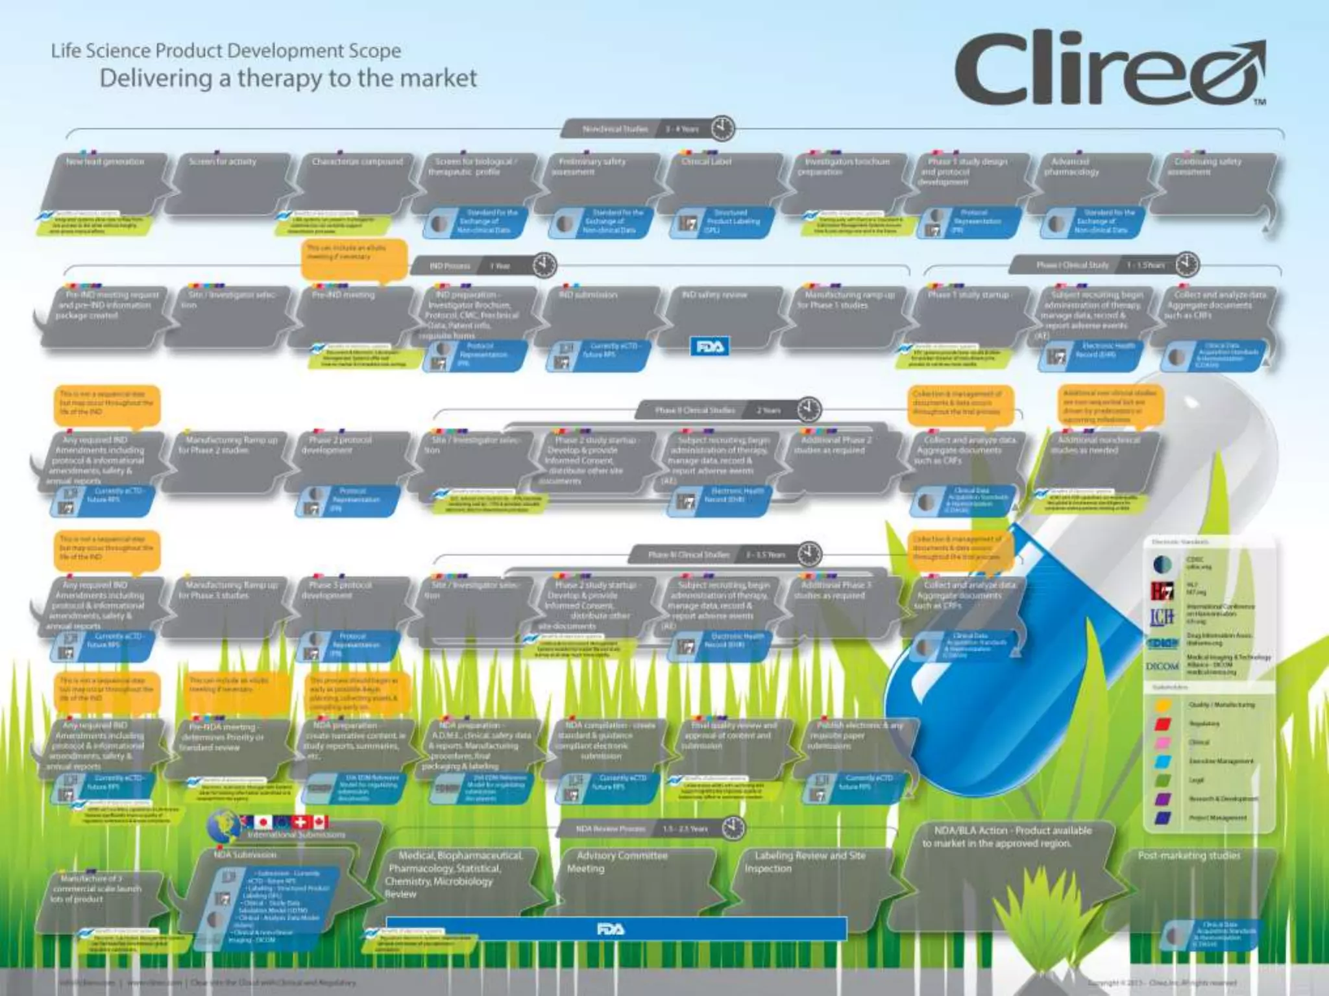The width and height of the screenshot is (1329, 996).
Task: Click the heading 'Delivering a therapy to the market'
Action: (x=288, y=78)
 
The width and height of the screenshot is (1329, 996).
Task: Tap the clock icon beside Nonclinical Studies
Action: (x=722, y=128)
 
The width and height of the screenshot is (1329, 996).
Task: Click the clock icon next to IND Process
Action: (x=544, y=265)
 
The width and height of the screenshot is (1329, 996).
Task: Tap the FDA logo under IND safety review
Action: (x=709, y=347)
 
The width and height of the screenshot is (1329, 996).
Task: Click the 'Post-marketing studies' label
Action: (x=1189, y=856)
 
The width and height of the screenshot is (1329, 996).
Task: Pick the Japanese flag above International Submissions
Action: (x=263, y=822)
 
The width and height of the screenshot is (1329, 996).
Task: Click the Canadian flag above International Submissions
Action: (x=320, y=822)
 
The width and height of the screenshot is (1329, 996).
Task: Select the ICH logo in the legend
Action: (x=1162, y=616)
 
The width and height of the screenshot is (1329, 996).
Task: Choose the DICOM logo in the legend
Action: (x=1162, y=667)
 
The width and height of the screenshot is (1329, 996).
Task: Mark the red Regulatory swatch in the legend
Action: (x=1163, y=724)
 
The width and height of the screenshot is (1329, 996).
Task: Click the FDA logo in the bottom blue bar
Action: (x=611, y=929)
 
